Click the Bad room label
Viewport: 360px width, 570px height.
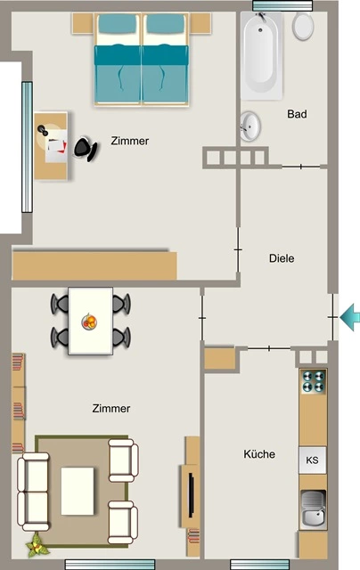click(x=297, y=114)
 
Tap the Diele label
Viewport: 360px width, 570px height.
click(x=282, y=258)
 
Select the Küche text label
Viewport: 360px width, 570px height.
click(x=259, y=454)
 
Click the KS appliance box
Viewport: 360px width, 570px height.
click(x=313, y=460)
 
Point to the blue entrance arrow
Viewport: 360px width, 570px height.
click(x=350, y=317)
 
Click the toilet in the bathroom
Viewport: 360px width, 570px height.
click(x=303, y=26)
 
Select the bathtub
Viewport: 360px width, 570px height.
click(x=261, y=55)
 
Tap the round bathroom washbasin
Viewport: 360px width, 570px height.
click(x=250, y=126)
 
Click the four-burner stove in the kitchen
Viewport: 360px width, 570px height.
click(x=313, y=382)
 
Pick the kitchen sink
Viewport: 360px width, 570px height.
click(x=313, y=509)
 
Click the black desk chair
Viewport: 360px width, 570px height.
click(x=86, y=149)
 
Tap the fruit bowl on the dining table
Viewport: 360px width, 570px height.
click(x=89, y=322)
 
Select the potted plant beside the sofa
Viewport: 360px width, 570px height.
click(x=37, y=545)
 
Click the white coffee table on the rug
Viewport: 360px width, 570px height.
click(x=78, y=491)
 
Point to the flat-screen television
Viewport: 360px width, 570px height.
click(x=191, y=495)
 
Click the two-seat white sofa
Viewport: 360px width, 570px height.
click(x=33, y=492)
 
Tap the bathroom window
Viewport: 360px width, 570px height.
click(x=282, y=5)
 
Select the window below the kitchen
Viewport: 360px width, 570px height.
click(x=259, y=565)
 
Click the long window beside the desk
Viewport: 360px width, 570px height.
click(x=27, y=147)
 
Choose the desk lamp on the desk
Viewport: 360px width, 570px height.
click(x=43, y=130)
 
